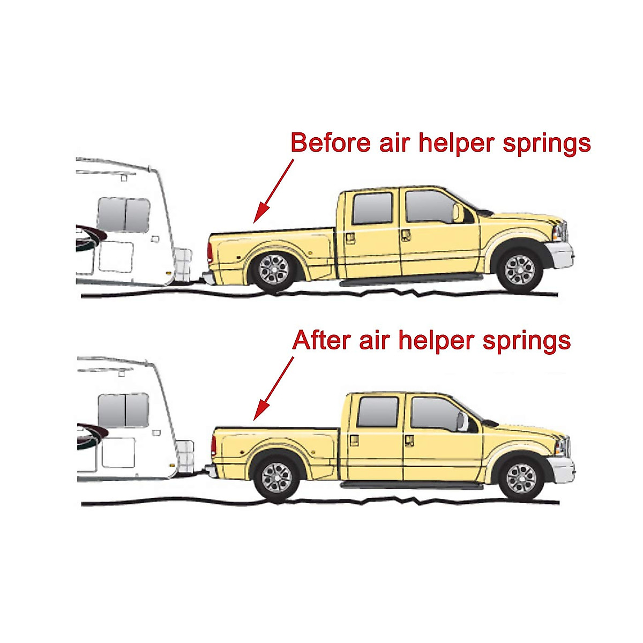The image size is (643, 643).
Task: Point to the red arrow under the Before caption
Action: (273, 190)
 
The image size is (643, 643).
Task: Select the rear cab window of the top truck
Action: (372, 208)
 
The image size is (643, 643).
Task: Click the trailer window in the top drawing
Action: (124, 214)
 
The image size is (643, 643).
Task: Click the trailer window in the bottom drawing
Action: (124, 410)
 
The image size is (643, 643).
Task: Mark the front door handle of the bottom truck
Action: (409, 440)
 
